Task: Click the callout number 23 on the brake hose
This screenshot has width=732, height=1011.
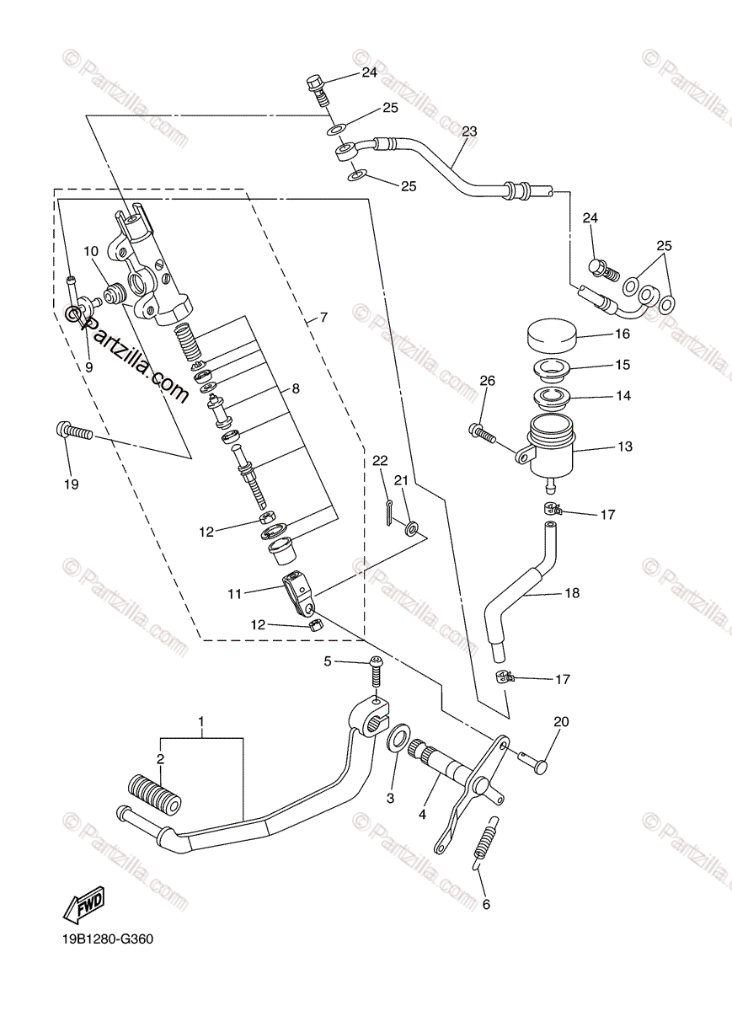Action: (x=469, y=131)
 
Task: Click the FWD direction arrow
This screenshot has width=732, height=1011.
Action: (x=83, y=907)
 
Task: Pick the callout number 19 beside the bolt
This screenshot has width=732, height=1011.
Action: (x=71, y=484)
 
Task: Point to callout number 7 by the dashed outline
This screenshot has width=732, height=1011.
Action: (x=323, y=318)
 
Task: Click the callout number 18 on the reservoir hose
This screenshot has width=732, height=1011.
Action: (x=572, y=593)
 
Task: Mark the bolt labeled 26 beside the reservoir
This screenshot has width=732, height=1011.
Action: (x=480, y=433)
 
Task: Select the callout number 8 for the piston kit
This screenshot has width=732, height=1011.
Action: (x=295, y=389)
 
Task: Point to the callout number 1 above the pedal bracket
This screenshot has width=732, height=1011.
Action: (x=201, y=721)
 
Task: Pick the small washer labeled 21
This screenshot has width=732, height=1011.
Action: (x=412, y=529)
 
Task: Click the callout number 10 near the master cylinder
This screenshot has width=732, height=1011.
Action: (x=91, y=250)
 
